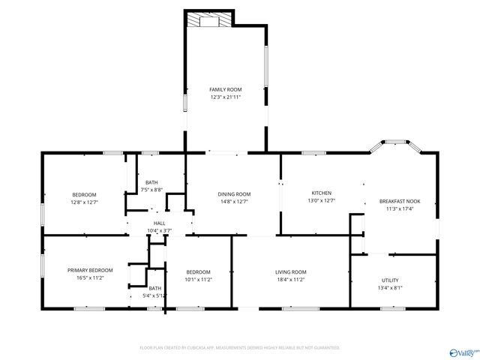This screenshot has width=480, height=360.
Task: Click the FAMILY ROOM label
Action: point(226,89)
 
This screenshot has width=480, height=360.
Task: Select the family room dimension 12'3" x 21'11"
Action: point(226,97)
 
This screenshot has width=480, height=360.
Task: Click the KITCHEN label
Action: point(322,193)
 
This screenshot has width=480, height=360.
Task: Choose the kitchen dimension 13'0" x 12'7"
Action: point(322,200)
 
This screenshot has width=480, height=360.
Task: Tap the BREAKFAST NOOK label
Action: point(399,201)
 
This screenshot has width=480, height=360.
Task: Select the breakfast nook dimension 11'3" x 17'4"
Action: point(399,208)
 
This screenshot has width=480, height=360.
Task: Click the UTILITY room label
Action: point(390,280)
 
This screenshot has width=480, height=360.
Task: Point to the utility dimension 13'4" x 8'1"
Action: point(390,287)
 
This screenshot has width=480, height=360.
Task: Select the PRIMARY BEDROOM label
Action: point(90,270)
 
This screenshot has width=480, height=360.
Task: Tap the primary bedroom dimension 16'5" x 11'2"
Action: point(90,277)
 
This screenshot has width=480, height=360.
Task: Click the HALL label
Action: point(160,223)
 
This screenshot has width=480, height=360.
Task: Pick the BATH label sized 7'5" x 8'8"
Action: point(152,182)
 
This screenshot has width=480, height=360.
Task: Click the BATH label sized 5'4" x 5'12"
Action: point(154,288)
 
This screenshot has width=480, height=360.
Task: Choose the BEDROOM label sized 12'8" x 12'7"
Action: point(84,194)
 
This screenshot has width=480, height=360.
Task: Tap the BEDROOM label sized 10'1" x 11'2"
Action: point(199,271)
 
